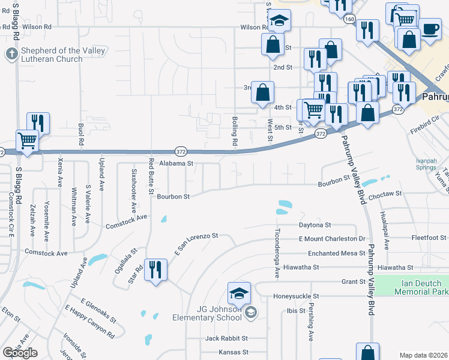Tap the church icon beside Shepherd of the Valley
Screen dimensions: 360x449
click(11, 55)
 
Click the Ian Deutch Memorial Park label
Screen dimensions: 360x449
click(421, 287)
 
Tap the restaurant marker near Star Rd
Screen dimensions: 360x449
click(155, 269)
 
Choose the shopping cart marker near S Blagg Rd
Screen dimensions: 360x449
click(27, 142)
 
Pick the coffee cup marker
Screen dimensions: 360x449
click(429, 29)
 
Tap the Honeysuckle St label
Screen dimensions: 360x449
click(297, 296)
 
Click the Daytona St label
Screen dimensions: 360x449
click(315, 225)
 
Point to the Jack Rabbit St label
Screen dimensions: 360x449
click(226, 338)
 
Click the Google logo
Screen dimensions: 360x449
click(20, 352)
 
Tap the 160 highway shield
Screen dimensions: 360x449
click(350, 19)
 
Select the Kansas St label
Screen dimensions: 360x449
click(234, 352)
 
